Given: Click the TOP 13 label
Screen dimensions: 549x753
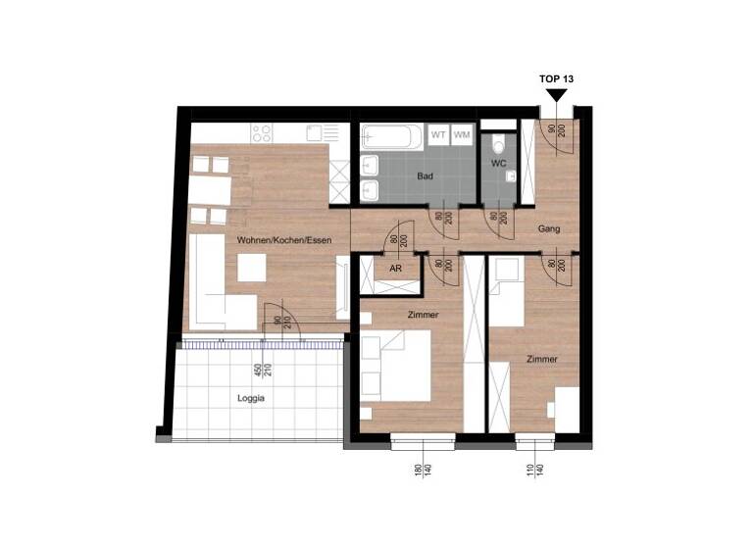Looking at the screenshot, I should pyautogui.click(x=557, y=77).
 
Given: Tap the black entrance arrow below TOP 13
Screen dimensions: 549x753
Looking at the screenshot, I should pyautogui.click(x=557, y=95).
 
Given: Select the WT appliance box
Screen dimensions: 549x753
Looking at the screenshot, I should pyautogui.click(x=438, y=134).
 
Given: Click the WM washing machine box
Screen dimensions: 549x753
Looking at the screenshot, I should pyautogui.click(x=462, y=134).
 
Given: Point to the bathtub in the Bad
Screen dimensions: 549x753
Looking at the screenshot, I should pyautogui.click(x=390, y=135).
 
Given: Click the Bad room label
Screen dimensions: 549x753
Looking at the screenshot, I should pyautogui.click(x=425, y=176).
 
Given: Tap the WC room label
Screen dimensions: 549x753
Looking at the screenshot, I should pyautogui.click(x=498, y=164).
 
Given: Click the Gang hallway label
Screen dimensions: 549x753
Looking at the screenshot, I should pyautogui.click(x=548, y=228).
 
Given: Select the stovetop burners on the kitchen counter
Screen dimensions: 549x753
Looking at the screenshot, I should pyautogui.click(x=262, y=132).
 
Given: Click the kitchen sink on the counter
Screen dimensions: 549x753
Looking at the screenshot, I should pyautogui.click(x=315, y=132).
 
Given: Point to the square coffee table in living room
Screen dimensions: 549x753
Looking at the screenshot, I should pyautogui.click(x=252, y=268).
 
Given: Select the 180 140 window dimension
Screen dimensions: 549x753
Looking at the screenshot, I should pyautogui.click(x=423, y=474).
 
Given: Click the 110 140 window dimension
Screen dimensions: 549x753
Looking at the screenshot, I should pyautogui.click(x=534, y=474).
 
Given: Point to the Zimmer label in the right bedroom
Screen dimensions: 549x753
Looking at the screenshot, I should pyautogui.click(x=541, y=359).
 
